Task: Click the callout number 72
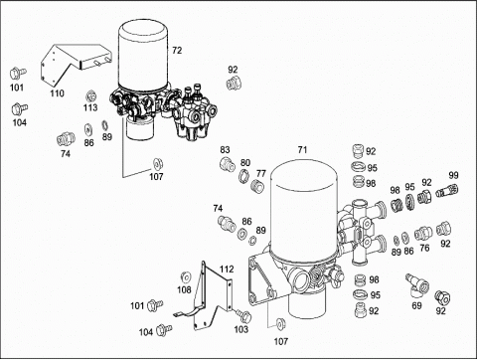[x=177, y=51]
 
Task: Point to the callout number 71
[x=302, y=150]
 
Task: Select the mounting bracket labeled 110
[x=76, y=64]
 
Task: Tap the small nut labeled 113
[x=90, y=96]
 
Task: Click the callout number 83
[x=225, y=150]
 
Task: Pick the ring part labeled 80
[x=243, y=176]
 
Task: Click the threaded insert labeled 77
[x=257, y=186]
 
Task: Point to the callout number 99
[x=453, y=175]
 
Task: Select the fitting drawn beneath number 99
[x=447, y=191]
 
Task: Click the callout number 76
[x=424, y=248]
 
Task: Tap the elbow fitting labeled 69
[x=417, y=285]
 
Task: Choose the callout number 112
[x=227, y=270]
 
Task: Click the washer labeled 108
[x=186, y=277]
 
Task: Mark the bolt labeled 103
[x=243, y=316]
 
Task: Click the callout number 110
[x=57, y=93]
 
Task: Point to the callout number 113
[x=90, y=107]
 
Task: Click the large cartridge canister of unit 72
[x=144, y=55]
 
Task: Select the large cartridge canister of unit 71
[x=304, y=209]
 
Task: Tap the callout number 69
[x=416, y=305]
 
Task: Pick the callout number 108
[x=184, y=290]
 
